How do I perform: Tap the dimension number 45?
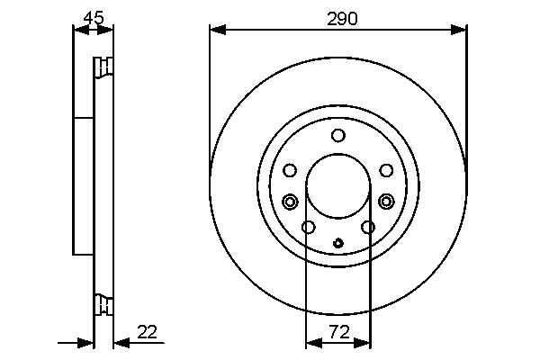tap(93, 17)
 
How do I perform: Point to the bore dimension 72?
tap(338, 332)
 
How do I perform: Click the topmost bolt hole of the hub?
tap(338, 136)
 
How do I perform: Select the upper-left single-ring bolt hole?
tap(290, 170)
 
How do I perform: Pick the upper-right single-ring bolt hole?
tap(386, 170)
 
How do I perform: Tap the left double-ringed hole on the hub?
tap(290, 201)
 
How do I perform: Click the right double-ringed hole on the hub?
tap(386, 201)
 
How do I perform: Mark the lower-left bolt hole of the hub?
tap(308, 227)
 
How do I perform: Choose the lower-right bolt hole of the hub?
tap(368, 227)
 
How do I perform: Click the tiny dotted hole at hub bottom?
tap(338, 241)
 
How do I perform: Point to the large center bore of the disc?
tap(338, 189)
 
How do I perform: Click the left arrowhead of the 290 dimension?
tap(215, 31)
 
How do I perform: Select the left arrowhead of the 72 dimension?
tap(311, 342)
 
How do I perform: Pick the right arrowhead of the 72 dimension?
tap(364, 342)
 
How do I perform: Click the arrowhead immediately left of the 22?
tap(120, 342)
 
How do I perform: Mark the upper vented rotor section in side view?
tap(103, 69)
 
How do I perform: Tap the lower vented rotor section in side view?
tap(103, 306)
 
